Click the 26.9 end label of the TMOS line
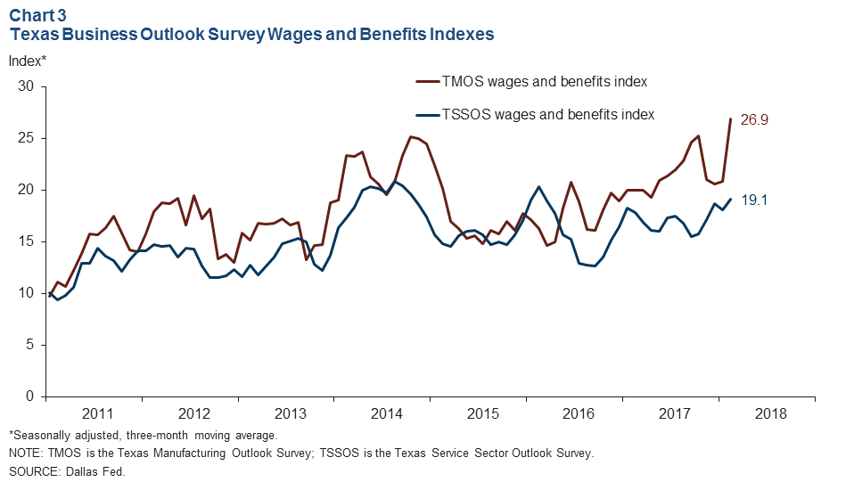(754, 119)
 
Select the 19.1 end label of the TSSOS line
(754, 200)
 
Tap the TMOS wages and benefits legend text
(544, 81)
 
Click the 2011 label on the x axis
(97, 414)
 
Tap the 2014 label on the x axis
(386, 414)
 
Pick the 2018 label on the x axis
(771, 414)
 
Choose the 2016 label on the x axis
(579, 414)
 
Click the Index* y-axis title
(27, 61)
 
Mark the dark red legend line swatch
(428, 81)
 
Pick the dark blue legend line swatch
(428, 114)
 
